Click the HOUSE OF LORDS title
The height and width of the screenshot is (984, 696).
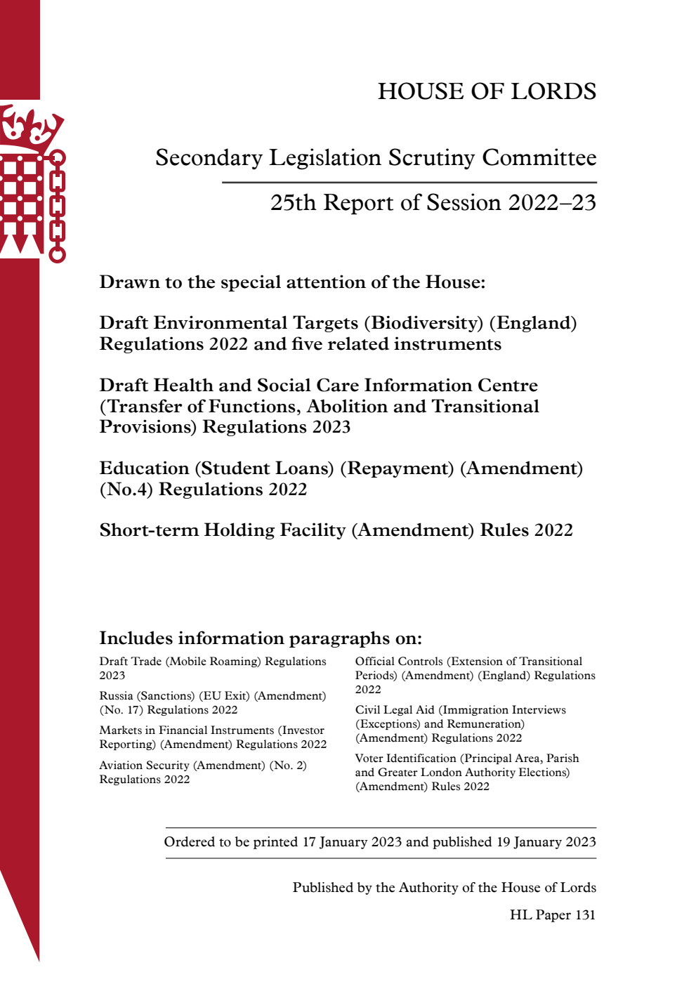[487, 91]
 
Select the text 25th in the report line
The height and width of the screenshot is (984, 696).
[293, 203]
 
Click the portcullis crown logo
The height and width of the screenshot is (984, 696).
[32, 183]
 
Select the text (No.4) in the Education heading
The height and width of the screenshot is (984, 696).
[126, 490]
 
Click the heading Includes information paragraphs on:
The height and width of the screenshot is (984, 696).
[261, 638]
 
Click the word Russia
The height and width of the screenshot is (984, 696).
[116, 696]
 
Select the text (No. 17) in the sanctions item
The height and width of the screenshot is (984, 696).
[121, 710]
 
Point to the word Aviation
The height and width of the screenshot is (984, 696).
[124, 766]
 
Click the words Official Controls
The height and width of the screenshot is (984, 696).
[398, 662]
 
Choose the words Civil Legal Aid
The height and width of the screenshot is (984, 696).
[395, 710]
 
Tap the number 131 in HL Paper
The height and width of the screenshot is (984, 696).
[584, 915]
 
